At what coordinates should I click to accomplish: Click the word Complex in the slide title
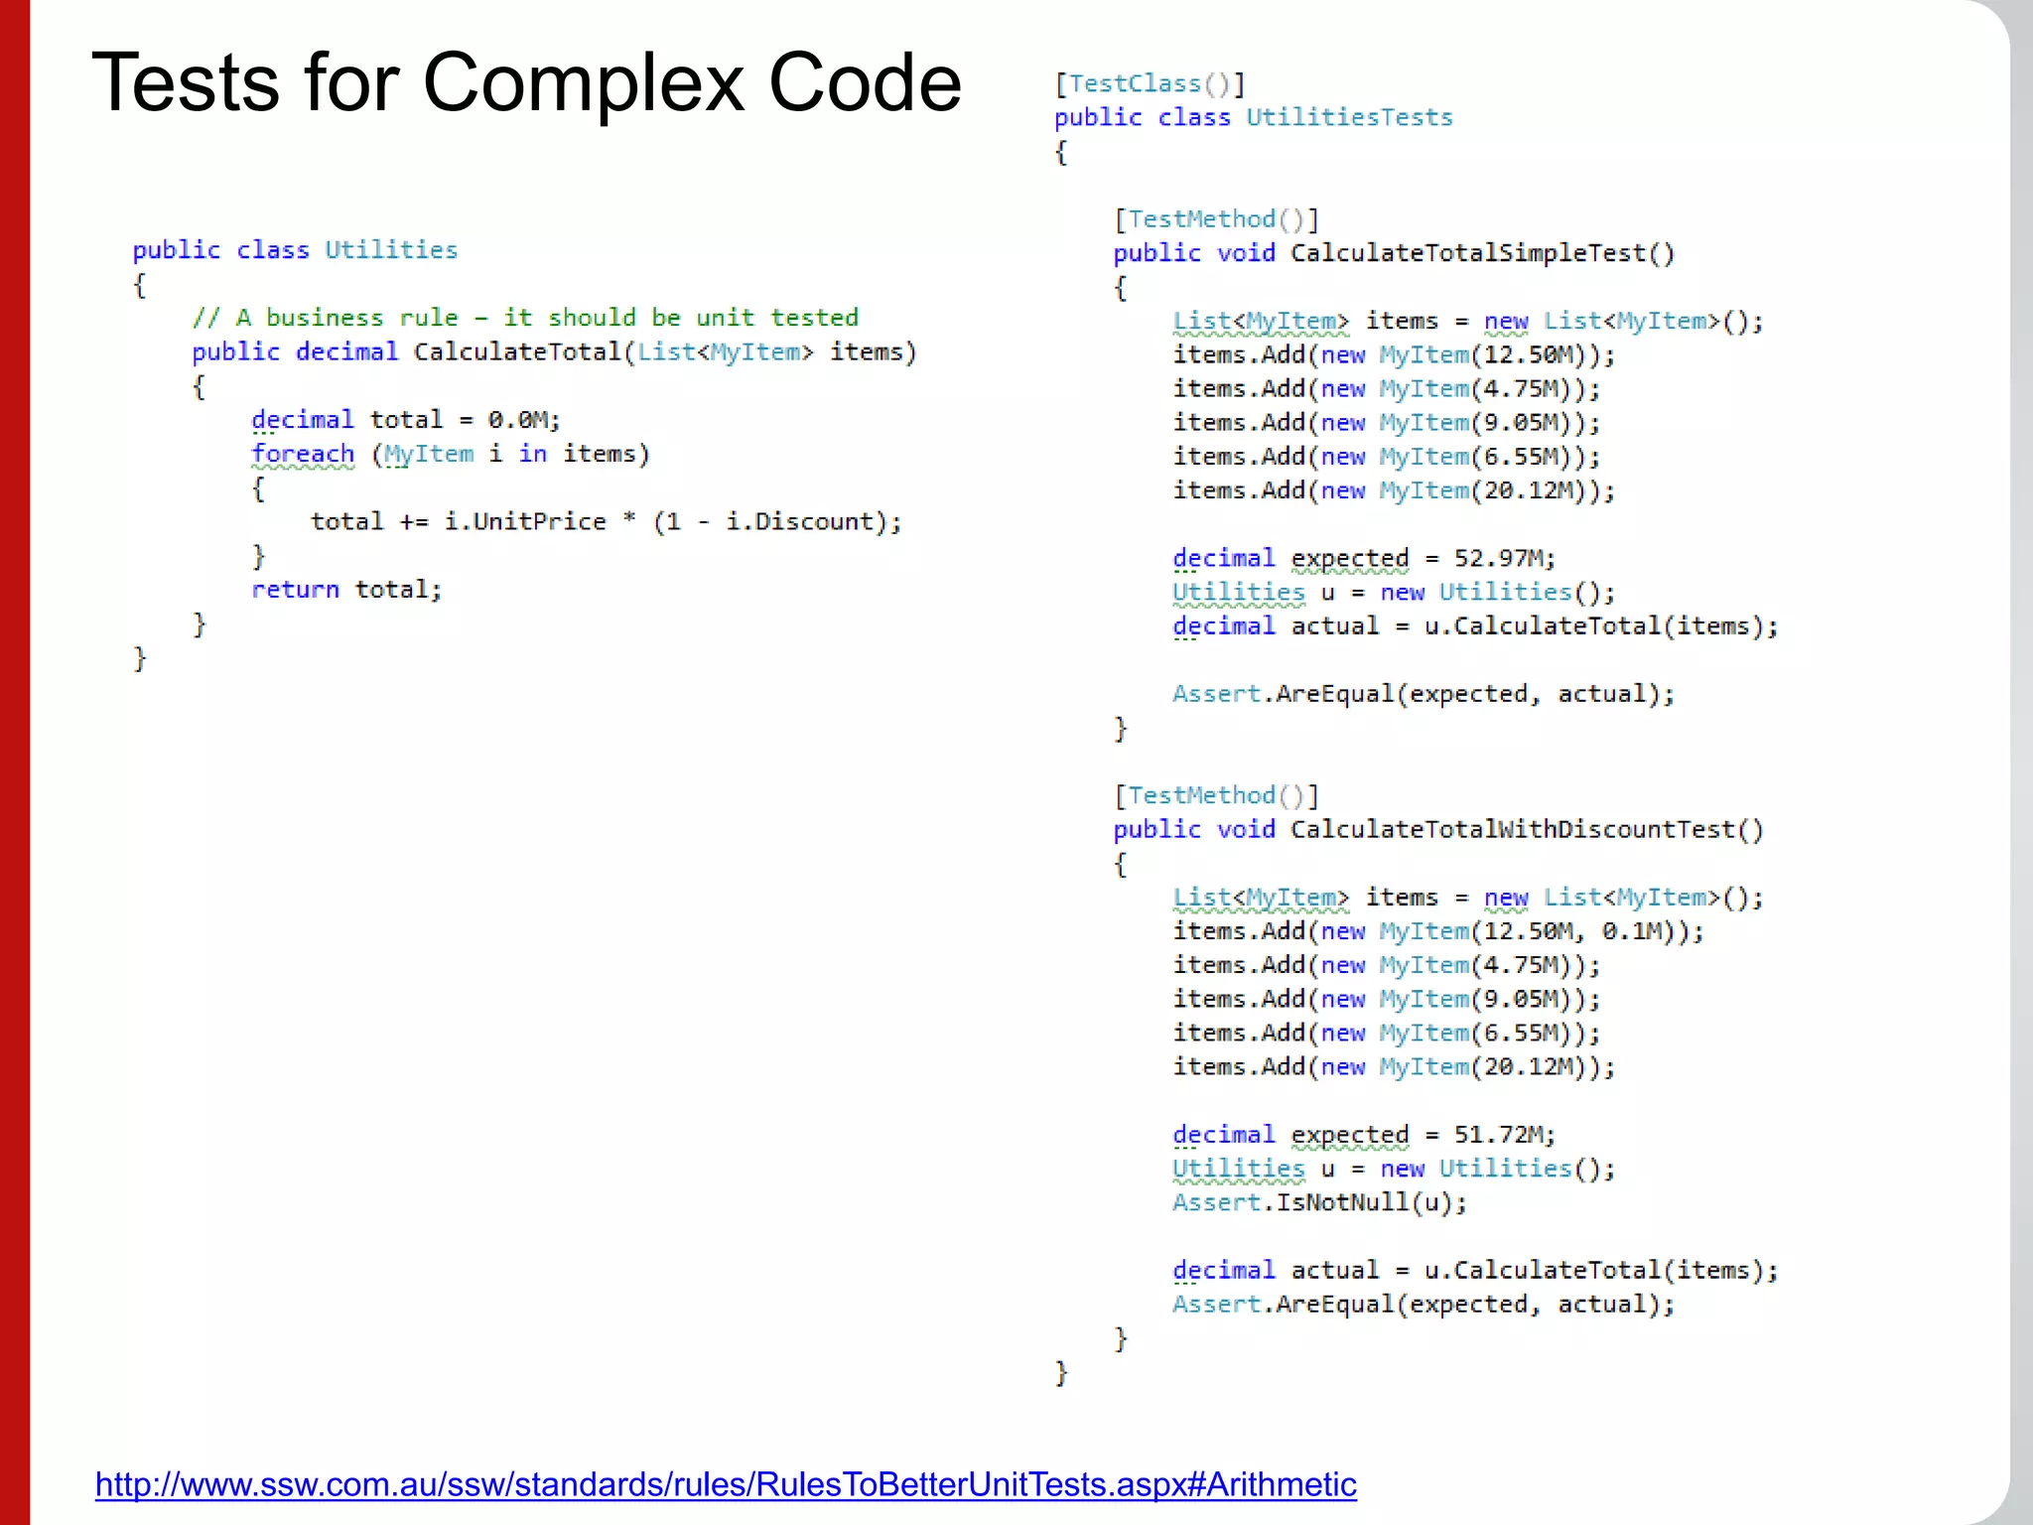(584, 83)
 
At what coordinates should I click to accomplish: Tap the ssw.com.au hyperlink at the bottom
(726, 1484)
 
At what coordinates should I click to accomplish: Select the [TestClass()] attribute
(1150, 84)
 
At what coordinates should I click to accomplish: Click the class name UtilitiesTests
(1349, 118)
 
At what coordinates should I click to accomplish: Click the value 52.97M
(1503, 558)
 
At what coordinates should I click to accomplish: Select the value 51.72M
(1503, 1135)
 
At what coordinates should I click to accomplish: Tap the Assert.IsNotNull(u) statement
(1319, 1203)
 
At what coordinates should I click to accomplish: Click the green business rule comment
(525, 318)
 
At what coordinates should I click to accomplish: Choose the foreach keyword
(303, 455)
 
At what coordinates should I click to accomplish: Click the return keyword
(295, 590)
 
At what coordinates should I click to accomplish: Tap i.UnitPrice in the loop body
(524, 522)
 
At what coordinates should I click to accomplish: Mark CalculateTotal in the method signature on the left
(516, 352)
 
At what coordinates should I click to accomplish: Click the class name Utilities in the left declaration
(391, 250)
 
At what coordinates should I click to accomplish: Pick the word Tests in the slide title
(186, 83)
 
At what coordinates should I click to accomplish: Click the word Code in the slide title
(864, 83)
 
